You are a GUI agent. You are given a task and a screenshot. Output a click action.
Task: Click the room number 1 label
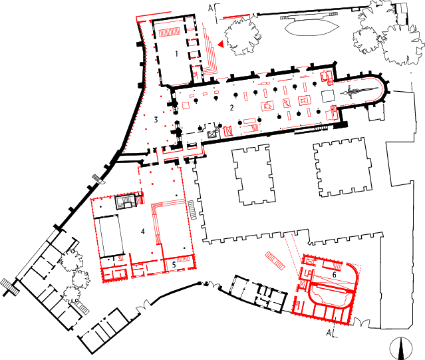pos(176,54)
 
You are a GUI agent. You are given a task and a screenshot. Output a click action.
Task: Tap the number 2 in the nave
pos(231,108)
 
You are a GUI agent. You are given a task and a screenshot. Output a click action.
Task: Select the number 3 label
pos(156,120)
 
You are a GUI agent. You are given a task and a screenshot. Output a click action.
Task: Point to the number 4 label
pos(142,231)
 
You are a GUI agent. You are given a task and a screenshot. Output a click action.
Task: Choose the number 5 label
pos(174,265)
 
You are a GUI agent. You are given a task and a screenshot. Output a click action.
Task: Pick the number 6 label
pos(334,275)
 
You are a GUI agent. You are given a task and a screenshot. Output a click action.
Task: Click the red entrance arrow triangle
pos(221,44)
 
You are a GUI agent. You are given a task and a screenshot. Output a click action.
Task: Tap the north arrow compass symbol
pos(402,348)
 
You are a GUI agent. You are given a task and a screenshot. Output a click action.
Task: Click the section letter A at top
pos(211,8)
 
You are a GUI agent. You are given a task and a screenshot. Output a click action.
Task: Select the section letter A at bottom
pos(329,333)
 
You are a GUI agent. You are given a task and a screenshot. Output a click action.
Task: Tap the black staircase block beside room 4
pos(125,202)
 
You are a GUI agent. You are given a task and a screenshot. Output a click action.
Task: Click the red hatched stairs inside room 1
pos(170,32)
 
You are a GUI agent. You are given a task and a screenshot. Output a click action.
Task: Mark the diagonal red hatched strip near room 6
pos(275,261)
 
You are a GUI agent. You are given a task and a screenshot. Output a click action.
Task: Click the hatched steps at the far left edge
pos(10,287)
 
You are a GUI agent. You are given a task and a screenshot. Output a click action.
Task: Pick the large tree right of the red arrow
pos(242,37)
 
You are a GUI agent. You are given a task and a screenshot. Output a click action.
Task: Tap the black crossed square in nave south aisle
pos(212,134)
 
